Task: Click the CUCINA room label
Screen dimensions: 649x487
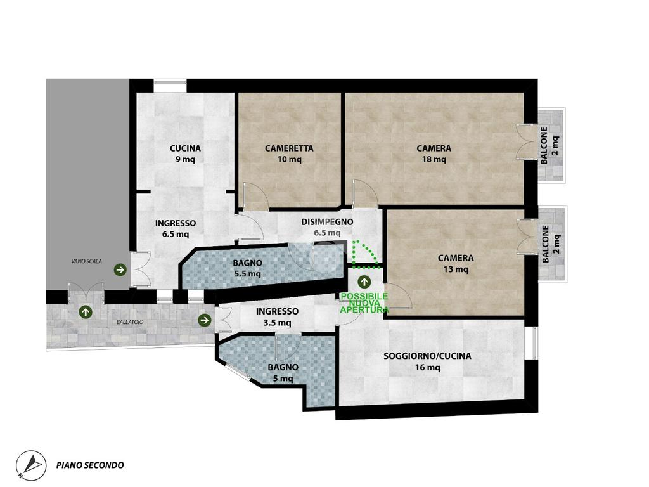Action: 185,148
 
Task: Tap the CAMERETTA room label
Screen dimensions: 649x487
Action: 289,148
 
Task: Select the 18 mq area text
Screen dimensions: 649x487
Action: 434,159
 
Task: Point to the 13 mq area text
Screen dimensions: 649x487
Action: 456,269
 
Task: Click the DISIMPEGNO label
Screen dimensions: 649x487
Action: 327,222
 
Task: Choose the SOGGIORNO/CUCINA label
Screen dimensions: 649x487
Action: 427,356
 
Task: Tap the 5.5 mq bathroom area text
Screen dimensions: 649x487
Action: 247,274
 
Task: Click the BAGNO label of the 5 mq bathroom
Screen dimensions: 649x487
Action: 283,367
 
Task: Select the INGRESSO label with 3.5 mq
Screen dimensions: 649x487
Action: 277,311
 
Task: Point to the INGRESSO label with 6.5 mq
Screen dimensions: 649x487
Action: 176,223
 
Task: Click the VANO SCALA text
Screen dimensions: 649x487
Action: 86,261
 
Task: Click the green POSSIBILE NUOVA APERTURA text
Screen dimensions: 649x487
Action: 364,303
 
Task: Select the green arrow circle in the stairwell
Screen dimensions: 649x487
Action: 120,270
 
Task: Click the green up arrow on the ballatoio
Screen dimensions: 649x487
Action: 86,312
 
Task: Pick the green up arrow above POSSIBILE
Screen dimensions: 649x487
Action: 364,282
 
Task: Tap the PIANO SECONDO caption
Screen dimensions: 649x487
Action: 90,465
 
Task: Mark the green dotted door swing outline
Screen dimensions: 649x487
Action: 366,254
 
